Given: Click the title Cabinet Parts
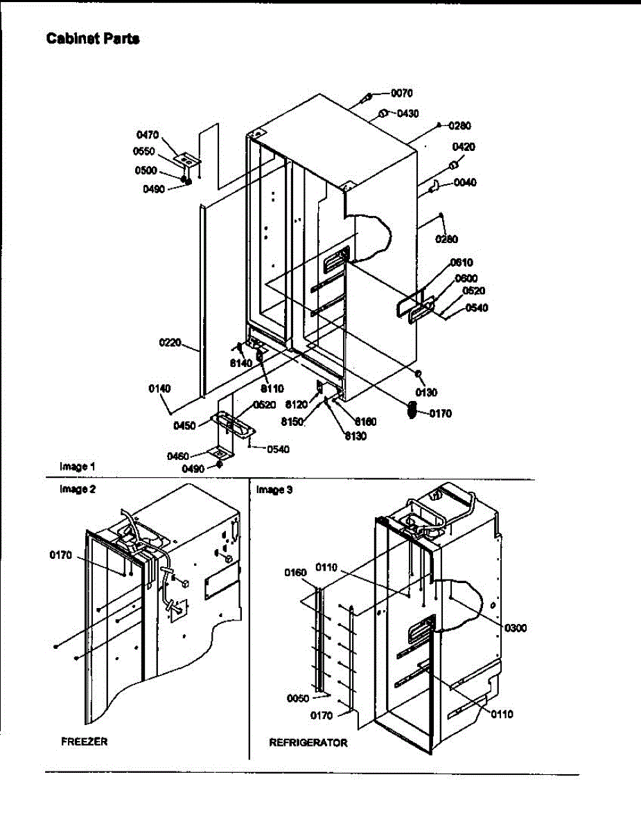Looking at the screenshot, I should (93, 39).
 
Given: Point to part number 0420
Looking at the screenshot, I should (464, 147).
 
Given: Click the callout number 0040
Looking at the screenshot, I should (465, 183).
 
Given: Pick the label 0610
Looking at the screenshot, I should (461, 262).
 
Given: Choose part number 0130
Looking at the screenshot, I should (427, 393).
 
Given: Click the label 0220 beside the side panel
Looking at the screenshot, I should (169, 341).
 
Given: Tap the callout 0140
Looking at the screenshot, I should (159, 388).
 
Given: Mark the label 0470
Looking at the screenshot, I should (148, 136).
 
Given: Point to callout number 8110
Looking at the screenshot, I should (272, 388).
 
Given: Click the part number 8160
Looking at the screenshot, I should (366, 421).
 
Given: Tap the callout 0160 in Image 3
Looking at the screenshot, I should (295, 572).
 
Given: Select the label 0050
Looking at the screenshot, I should (298, 698).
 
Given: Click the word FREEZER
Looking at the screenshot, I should (84, 741).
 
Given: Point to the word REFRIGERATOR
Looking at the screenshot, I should (308, 742).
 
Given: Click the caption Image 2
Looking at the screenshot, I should (78, 489).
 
